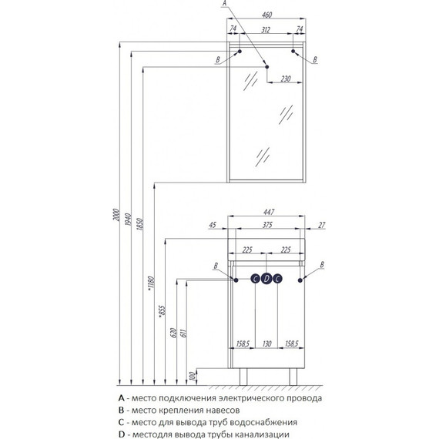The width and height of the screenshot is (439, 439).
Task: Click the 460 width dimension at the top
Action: [266, 15]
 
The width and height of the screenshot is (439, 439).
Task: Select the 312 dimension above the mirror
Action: [266, 29]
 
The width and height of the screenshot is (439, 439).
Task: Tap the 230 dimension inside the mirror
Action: [285, 79]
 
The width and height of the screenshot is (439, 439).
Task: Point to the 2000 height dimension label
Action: [116, 215]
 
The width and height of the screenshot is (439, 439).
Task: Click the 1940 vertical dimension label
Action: [128, 219]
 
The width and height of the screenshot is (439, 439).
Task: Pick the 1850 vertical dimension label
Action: [139, 224]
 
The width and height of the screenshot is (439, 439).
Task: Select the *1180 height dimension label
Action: [151, 283]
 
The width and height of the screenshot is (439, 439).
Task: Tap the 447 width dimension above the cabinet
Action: [268, 213]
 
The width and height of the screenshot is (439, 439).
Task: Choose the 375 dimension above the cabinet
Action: [267, 225]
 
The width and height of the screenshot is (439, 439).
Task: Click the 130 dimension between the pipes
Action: [266, 343]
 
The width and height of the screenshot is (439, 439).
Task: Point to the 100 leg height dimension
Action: [192, 376]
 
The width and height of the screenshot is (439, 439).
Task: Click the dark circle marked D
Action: [266, 279]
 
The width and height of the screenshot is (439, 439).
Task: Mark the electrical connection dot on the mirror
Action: [266, 67]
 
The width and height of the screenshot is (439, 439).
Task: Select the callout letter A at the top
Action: [224, 3]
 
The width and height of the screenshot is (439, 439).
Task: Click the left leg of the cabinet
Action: [243, 377]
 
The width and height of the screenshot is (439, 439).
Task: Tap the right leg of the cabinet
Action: [293, 377]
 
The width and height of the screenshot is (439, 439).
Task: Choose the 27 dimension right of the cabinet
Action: [322, 225]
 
